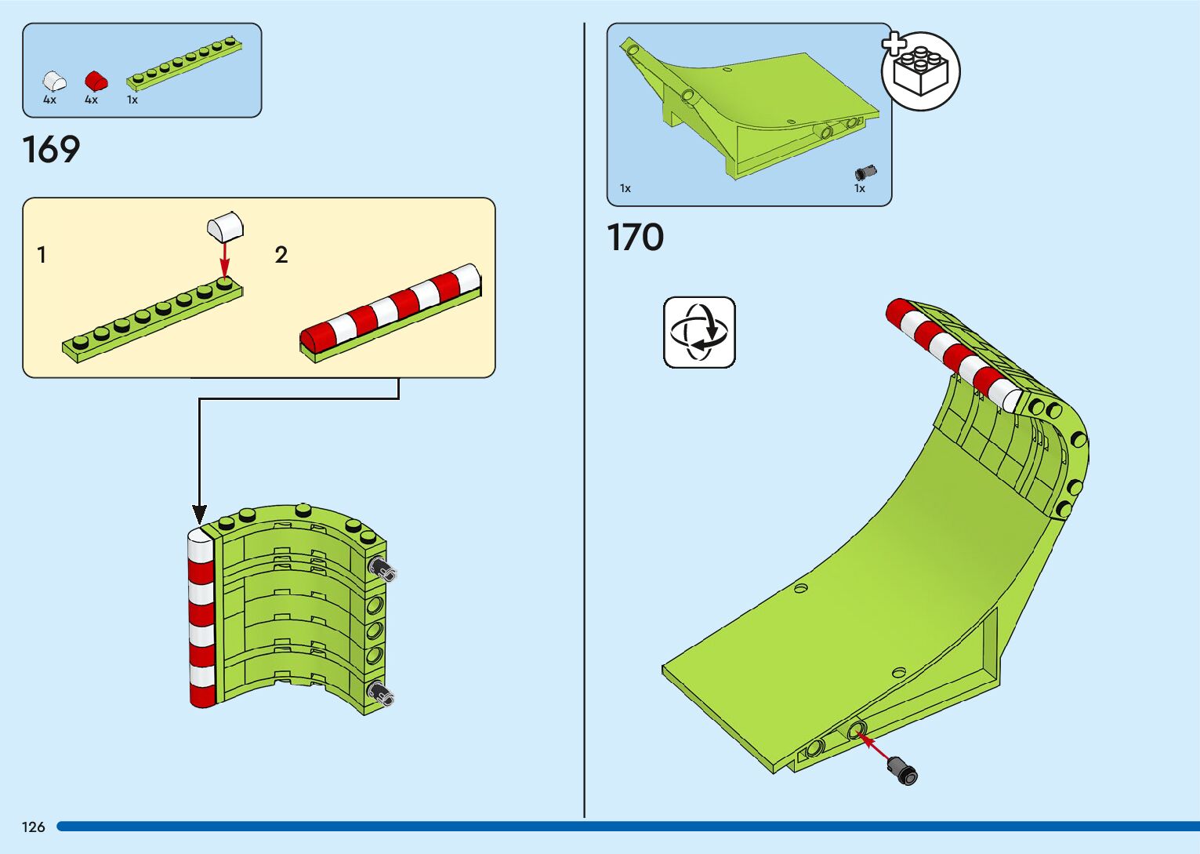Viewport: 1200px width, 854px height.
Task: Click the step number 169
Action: coord(51,150)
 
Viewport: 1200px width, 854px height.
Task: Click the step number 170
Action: coord(635,238)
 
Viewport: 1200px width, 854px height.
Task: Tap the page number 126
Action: coord(34,827)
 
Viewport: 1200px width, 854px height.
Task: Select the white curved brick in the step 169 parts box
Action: coord(53,81)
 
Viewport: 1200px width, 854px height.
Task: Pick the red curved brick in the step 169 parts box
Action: coord(96,81)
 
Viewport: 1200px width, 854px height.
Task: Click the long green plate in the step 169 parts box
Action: coord(183,59)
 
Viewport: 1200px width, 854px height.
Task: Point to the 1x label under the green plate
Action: coord(132,100)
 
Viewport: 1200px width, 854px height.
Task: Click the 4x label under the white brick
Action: coord(49,100)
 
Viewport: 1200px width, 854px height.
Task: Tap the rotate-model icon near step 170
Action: coord(699,333)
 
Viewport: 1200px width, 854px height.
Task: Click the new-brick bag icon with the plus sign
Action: coord(920,70)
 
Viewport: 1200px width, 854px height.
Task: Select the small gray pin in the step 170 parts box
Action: coord(865,173)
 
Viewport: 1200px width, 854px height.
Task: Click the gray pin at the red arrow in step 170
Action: coord(903,769)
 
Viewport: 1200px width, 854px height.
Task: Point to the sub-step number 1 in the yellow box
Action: coord(42,255)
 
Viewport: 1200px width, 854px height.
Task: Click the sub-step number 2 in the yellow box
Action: coord(281,255)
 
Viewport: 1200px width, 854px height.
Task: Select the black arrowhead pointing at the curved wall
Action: coord(200,515)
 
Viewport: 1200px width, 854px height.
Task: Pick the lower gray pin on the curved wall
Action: coord(383,693)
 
